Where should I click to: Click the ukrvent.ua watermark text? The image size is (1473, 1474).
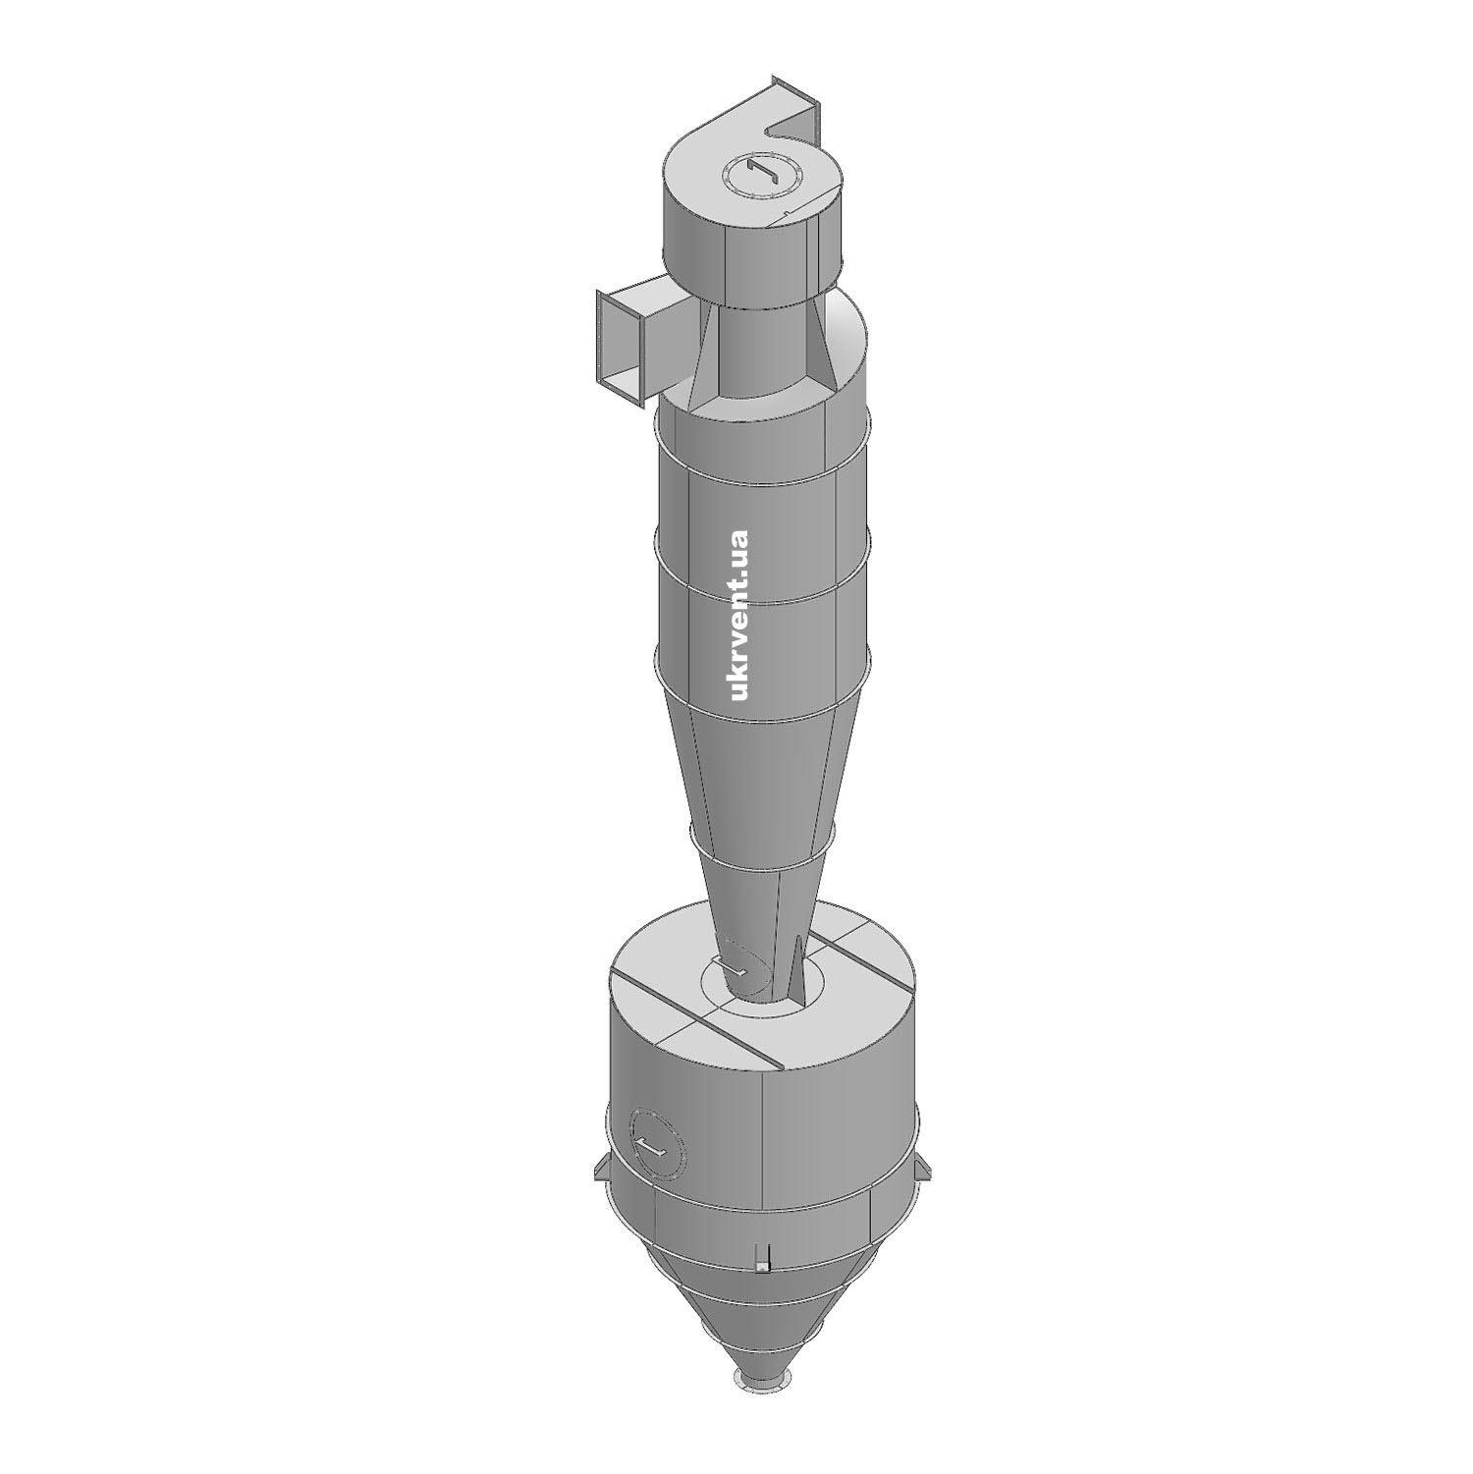point(739,615)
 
